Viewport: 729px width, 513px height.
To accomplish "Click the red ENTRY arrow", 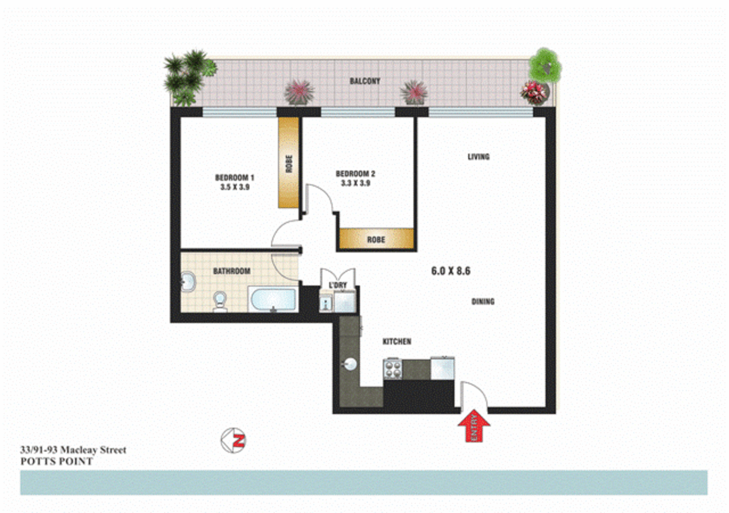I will [x=474, y=426].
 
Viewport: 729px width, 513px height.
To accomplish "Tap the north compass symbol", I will [x=233, y=440].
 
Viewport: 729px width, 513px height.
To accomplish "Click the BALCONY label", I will [x=365, y=81].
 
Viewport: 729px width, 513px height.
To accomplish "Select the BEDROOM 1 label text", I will [x=234, y=178].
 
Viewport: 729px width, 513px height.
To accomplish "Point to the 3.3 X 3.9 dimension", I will [x=355, y=183].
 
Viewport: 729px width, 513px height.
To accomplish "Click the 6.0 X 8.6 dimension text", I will [x=450, y=271].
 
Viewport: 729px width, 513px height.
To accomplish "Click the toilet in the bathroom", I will [x=220, y=302].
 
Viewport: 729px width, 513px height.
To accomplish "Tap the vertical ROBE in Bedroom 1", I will [x=289, y=163].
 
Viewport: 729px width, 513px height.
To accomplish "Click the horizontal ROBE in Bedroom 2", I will [x=376, y=240].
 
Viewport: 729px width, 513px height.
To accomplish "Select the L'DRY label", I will [x=338, y=285].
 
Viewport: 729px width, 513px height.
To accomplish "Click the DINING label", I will [x=483, y=302].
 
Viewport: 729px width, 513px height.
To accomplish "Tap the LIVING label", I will [x=478, y=157].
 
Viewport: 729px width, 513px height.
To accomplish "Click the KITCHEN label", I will [x=397, y=342].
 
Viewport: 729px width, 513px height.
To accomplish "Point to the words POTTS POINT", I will [x=57, y=462].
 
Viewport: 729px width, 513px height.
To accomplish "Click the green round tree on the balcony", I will [x=545, y=65].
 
